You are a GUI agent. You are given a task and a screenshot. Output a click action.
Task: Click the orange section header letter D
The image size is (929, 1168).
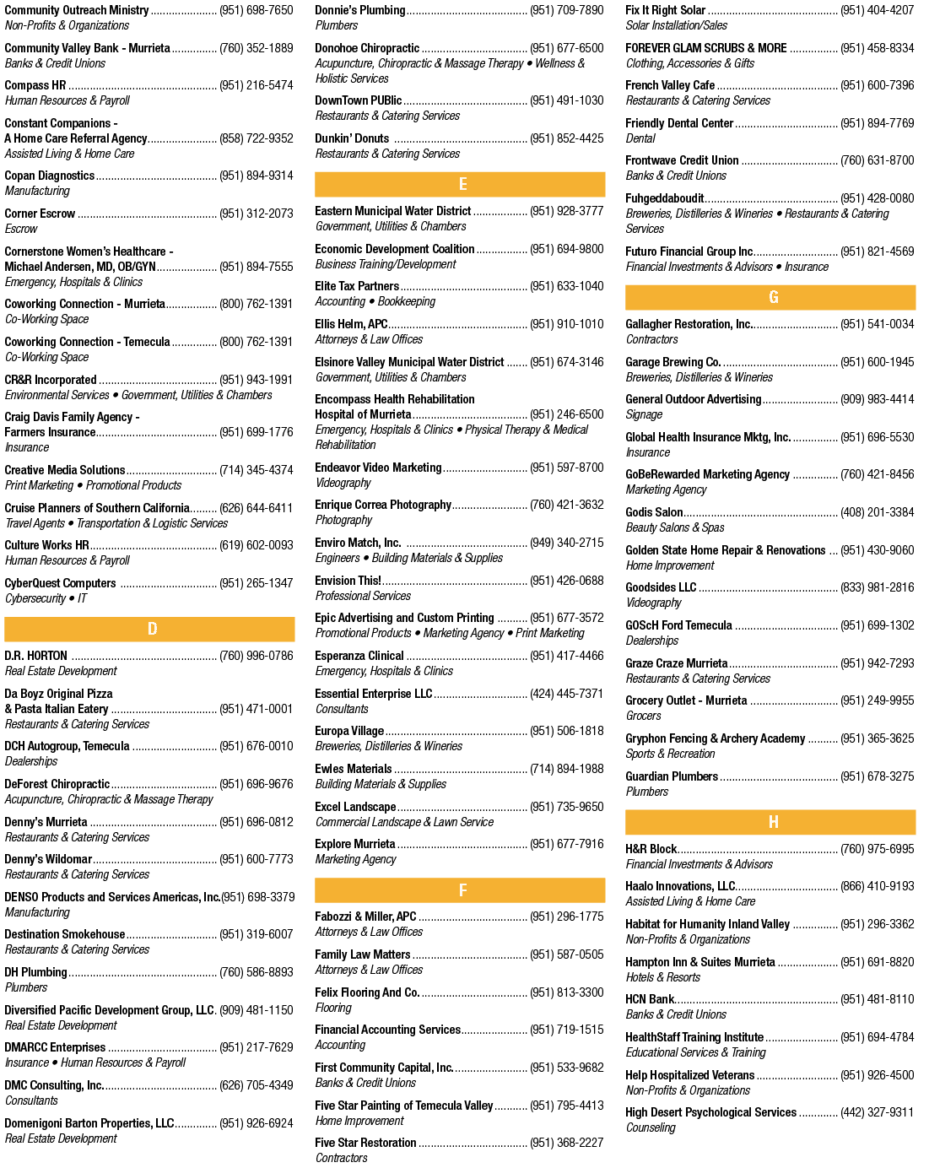pyautogui.click(x=152, y=629)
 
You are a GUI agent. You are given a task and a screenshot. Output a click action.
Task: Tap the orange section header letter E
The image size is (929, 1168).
pyautogui.click(x=463, y=184)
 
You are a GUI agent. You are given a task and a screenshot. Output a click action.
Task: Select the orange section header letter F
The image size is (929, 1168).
pyautogui.click(x=463, y=890)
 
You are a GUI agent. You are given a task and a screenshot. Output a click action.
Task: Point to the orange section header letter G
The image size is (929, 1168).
pyautogui.click(x=773, y=297)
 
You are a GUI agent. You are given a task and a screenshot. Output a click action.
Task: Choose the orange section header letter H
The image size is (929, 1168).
pyautogui.click(x=773, y=822)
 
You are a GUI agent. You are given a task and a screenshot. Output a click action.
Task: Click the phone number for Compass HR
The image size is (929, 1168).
pyautogui.click(x=257, y=85)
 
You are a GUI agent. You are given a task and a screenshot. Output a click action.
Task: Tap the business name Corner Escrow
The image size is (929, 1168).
pyautogui.click(x=40, y=214)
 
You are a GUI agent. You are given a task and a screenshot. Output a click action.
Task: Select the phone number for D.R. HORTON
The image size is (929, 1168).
pyautogui.click(x=257, y=656)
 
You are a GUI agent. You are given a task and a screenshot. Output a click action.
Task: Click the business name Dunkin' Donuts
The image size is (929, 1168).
pyautogui.click(x=352, y=138)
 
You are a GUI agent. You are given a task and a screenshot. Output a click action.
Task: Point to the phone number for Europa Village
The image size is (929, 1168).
pyautogui.click(x=566, y=731)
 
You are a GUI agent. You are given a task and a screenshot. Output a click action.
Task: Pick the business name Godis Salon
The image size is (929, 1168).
pyautogui.click(x=654, y=512)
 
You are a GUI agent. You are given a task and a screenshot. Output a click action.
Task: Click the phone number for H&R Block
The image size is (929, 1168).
pyautogui.click(x=878, y=849)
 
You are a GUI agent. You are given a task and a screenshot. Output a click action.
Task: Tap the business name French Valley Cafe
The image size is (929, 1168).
pyautogui.click(x=670, y=85)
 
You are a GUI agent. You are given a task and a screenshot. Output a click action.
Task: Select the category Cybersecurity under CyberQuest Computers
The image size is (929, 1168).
pyautogui.click(x=35, y=598)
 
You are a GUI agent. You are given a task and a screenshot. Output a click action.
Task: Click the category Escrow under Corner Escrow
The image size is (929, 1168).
pyautogui.click(x=21, y=229)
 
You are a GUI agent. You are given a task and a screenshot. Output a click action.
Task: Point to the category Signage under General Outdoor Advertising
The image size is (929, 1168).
pyautogui.click(x=644, y=414)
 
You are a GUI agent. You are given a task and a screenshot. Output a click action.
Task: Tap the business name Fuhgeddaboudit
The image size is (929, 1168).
pyautogui.click(x=665, y=198)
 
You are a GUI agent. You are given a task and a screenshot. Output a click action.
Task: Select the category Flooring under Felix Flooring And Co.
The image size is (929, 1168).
pyautogui.click(x=333, y=1008)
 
